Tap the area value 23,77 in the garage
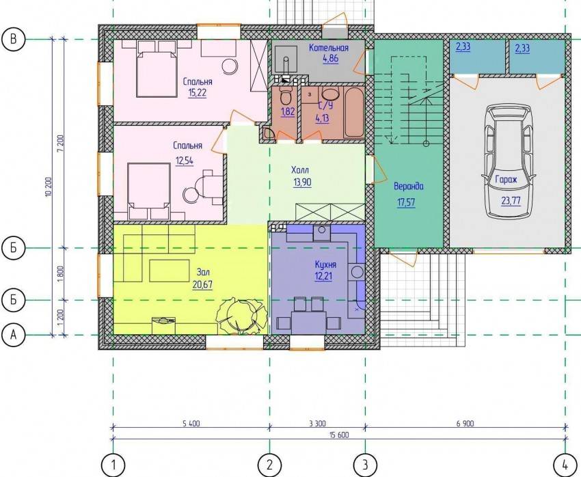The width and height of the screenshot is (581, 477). (511, 201)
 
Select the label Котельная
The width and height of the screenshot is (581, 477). (329, 48)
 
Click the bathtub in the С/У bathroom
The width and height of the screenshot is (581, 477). (354, 113)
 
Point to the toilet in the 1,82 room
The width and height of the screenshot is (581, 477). (285, 95)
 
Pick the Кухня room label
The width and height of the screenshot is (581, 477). (325, 264)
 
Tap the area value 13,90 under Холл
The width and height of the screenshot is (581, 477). (302, 182)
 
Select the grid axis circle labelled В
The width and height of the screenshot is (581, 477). (14, 39)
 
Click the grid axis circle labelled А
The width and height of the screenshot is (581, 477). (14, 335)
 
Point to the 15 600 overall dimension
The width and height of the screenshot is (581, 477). (338, 435)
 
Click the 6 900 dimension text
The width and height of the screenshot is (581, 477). (465, 423)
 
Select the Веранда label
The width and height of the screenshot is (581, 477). (408, 187)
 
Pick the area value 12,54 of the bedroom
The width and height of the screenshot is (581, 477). (185, 161)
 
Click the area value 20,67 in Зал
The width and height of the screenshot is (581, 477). (202, 284)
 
